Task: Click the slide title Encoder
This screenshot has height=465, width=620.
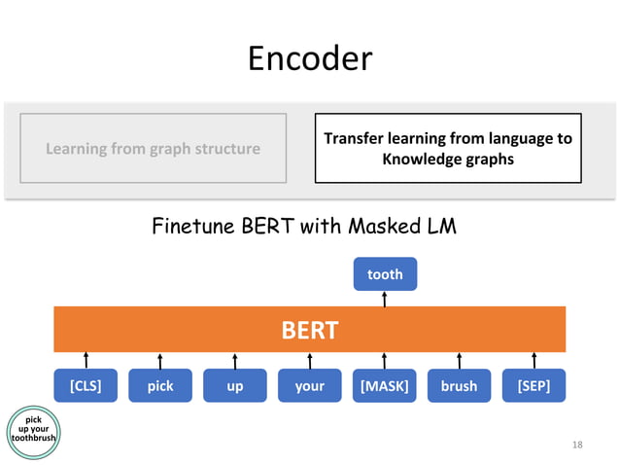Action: (309, 59)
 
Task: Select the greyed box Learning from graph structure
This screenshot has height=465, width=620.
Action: (153, 148)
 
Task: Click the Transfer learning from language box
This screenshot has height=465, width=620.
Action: (447, 148)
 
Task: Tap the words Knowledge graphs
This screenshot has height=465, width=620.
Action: (447, 159)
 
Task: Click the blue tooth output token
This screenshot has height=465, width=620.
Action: (385, 274)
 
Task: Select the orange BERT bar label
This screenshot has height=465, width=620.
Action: (309, 330)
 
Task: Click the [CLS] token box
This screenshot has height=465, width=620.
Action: (86, 385)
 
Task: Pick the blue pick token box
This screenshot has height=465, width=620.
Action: (160, 385)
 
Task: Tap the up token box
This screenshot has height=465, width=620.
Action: (234, 385)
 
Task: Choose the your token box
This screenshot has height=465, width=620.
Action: (309, 385)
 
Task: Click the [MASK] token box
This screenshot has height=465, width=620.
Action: (385, 385)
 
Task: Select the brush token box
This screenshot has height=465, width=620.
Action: (459, 385)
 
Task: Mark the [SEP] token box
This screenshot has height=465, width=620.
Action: (534, 385)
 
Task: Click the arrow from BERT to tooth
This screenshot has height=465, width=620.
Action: (385, 299)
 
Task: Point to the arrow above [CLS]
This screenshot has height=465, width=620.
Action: (86, 360)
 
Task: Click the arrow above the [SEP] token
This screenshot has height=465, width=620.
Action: (534, 360)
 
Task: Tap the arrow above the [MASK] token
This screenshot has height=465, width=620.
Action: (385, 360)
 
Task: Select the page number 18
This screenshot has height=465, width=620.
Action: (577, 445)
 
